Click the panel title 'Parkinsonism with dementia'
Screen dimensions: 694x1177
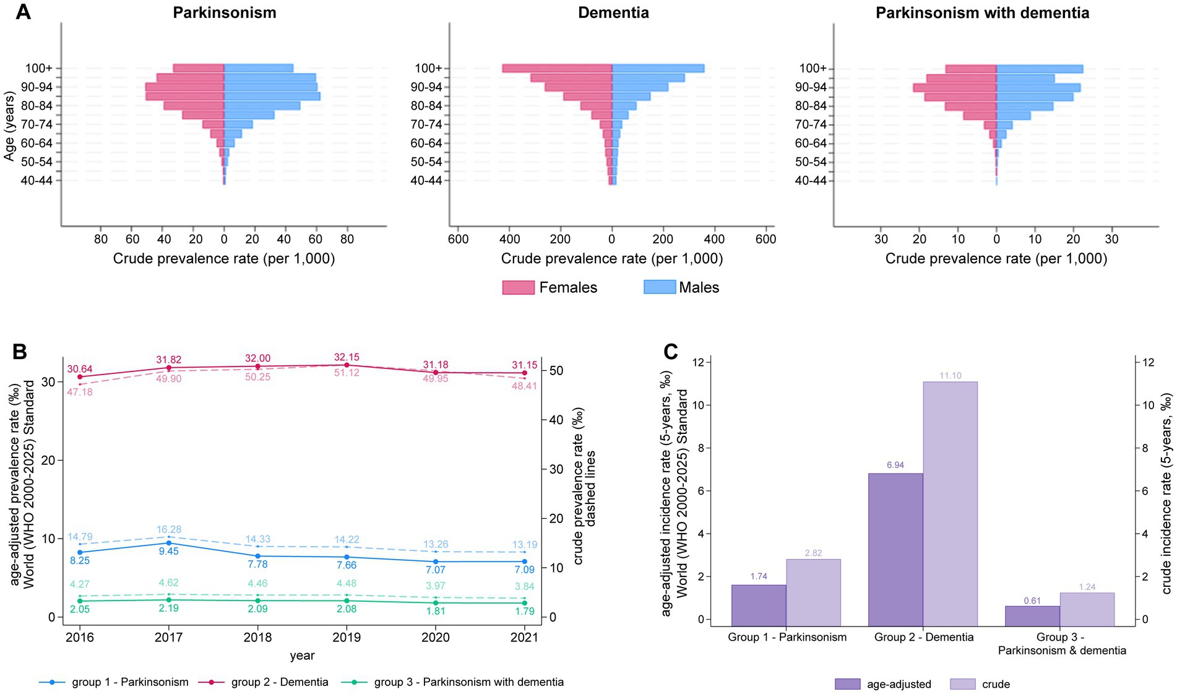pos(982,13)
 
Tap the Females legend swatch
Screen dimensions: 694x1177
pos(518,287)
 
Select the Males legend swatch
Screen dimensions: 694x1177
pos(659,287)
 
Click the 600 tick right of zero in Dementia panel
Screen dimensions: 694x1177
pos(765,240)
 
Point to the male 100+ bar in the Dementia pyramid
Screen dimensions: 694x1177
pos(658,68)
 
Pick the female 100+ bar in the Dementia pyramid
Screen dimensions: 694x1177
pos(557,68)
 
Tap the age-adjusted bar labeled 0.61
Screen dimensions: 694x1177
pos(1032,616)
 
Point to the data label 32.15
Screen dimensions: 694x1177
pos(347,357)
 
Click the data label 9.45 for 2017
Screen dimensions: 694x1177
pos(168,551)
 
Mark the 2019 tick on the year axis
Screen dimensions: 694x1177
pos(347,637)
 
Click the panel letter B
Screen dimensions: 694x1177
pos(19,352)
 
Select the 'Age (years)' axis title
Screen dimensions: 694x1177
pos(9,126)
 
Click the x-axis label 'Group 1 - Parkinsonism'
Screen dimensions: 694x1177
pos(787,637)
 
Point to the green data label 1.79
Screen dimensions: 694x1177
pos(524,611)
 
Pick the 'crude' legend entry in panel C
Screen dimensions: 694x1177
pos(996,684)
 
